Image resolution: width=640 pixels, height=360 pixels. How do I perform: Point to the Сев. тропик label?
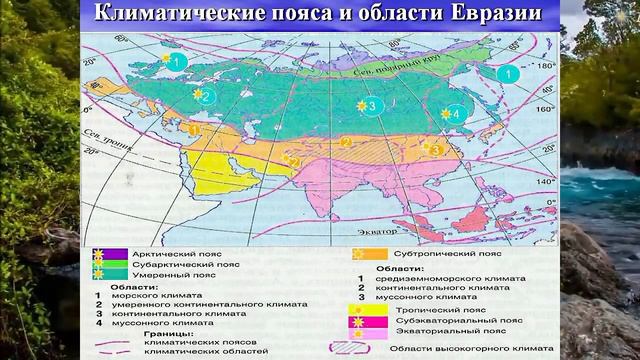[x=100, y=136]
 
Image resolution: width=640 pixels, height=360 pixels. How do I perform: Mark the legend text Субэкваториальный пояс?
[x=443, y=321]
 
